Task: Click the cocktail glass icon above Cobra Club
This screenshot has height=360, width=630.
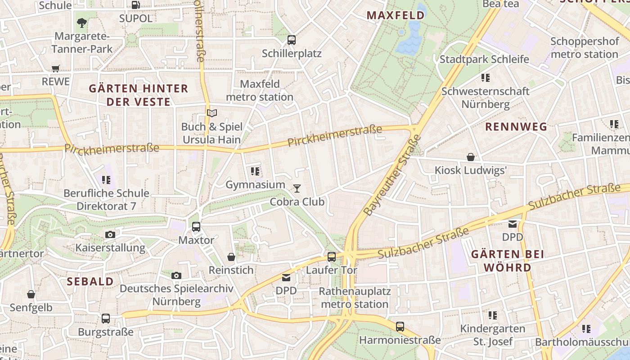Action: click(x=297, y=188)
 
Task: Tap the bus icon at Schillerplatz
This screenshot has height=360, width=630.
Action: click(x=292, y=40)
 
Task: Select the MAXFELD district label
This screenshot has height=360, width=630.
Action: click(x=396, y=15)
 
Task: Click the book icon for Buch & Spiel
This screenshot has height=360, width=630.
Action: click(x=211, y=113)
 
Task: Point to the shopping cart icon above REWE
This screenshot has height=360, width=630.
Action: click(x=56, y=68)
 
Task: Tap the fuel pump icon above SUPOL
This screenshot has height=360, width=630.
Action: click(x=135, y=5)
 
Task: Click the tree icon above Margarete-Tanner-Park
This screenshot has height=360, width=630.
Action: click(x=82, y=22)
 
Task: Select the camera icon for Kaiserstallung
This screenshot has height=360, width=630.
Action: click(x=110, y=234)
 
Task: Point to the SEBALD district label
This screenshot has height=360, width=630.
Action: click(x=90, y=282)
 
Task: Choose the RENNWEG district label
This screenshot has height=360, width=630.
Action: click(x=516, y=127)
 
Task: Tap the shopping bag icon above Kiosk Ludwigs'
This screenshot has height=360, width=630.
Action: click(x=471, y=157)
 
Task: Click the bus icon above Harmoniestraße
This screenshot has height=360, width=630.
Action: click(x=400, y=327)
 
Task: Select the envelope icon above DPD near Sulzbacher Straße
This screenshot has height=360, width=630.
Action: click(x=513, y=224)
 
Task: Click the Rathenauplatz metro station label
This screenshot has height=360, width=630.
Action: click(x=355, y=298)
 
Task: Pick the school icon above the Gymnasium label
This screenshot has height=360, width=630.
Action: click(x=255, y=171)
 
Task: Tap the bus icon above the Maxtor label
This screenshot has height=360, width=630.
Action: click(x=196, y=227)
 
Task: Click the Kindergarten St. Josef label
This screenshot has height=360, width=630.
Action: click(x=492, y=335)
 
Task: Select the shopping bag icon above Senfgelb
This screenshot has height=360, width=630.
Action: click(x=31, y=294)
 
